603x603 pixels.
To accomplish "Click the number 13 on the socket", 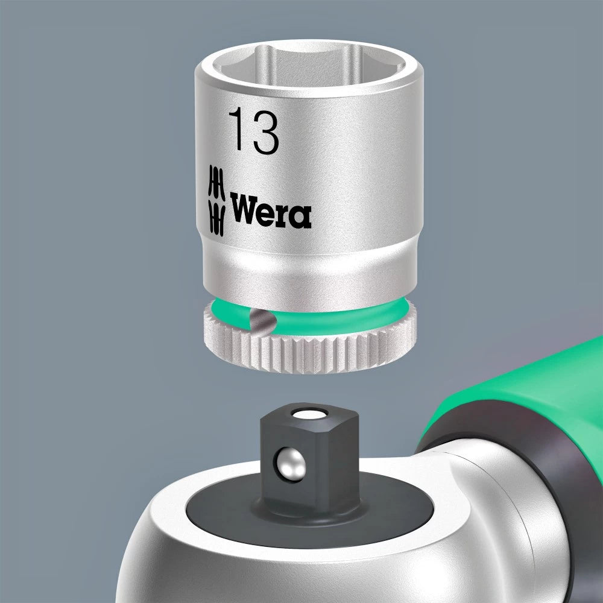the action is pos(254,131).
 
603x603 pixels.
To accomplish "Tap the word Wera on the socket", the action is pos(270,210).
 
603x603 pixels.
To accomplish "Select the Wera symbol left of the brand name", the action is pos(216,200).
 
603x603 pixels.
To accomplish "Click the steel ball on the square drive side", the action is pos(291,463).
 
